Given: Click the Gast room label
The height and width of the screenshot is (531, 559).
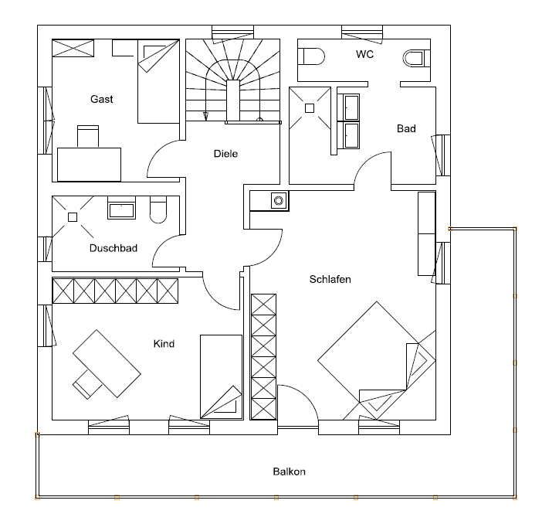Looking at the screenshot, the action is point(102,99).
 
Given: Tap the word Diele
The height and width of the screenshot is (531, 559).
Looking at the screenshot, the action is point(225,154).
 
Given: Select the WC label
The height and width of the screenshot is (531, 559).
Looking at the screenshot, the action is point(364,54).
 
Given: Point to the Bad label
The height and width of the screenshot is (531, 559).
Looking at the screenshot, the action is point(406,128).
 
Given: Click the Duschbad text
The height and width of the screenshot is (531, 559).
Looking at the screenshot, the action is point(113,248).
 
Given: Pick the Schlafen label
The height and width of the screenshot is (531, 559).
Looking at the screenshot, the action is point(330,279).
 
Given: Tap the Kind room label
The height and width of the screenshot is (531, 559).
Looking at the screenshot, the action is point(164,344).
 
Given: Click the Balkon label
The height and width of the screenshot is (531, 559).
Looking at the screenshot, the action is point(289,471).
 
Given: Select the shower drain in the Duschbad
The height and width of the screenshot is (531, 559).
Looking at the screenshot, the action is point(73,217).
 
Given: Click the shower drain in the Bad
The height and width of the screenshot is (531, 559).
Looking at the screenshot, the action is point(310,107).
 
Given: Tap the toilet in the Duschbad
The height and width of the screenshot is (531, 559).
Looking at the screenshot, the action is point(158,209).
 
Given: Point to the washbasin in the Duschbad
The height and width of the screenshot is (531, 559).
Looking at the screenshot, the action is point(121,208).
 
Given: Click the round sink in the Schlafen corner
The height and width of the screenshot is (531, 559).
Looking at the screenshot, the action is point(279,200).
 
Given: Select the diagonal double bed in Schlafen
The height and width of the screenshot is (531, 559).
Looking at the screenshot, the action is point(377,361).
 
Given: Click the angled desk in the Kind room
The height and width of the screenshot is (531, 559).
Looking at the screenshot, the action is point(107,363).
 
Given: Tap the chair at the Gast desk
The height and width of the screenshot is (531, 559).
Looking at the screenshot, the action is point(88,136).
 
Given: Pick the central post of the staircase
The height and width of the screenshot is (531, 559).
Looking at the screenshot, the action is point(233,100).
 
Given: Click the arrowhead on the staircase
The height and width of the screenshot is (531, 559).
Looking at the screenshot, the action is point(205,117).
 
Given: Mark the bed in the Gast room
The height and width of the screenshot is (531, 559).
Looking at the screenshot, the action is point(158,81).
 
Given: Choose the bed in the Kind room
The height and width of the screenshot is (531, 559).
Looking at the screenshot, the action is point(222,377).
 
